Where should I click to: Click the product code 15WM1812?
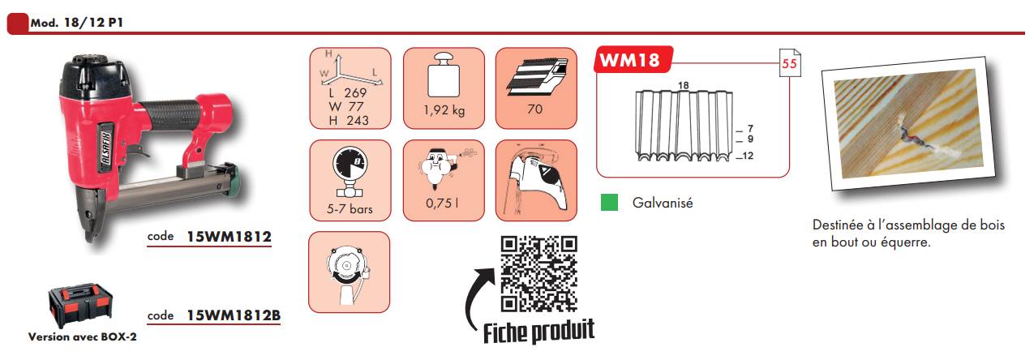click(x=229, y=237)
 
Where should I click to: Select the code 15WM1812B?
click(x=234, y=315)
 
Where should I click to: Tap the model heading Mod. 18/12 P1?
click(x=76, y=23)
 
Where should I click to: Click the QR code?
click(x=539, y=274)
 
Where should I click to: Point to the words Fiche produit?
click(x=538, y=332)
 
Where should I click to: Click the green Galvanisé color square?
click(x=609, y=203)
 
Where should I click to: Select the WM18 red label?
click(x=633, y=60)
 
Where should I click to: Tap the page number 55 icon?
click(x=790, y=62)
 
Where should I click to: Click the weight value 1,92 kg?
click(x=444, y=110)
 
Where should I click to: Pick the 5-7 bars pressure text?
click(x=350, y=209)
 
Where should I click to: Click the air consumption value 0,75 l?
click(x=442, y=203)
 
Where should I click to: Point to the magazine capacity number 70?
click(x=535, y=109)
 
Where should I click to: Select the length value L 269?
click(x=348, y=92)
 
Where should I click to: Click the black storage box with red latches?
click(x=80, y=306)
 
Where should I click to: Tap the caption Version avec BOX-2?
click(x=83, y=337)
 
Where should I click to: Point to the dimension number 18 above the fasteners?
click(x=683, y=85)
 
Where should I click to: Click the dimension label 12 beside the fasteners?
click(x=748, y=156)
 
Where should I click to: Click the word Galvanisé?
click(x=663, y=203)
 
